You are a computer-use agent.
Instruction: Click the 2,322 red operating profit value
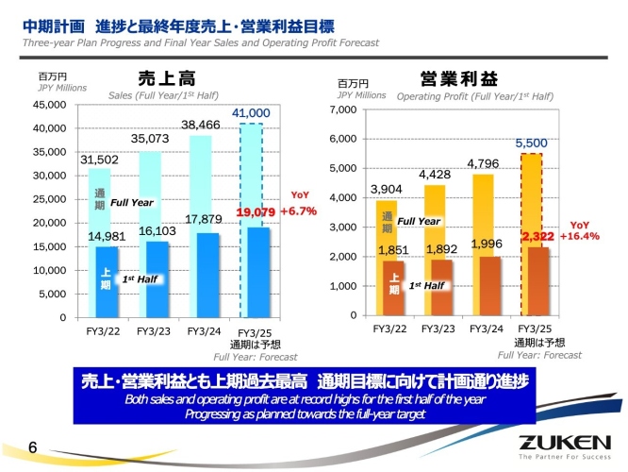tap(533, 235)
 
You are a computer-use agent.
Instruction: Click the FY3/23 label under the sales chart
tap(153, 331)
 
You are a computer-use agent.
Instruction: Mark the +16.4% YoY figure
tap(580, 235)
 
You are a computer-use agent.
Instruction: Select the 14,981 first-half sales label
tap(107, 236)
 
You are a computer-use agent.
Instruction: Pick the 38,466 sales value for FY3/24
tap(201, 125)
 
